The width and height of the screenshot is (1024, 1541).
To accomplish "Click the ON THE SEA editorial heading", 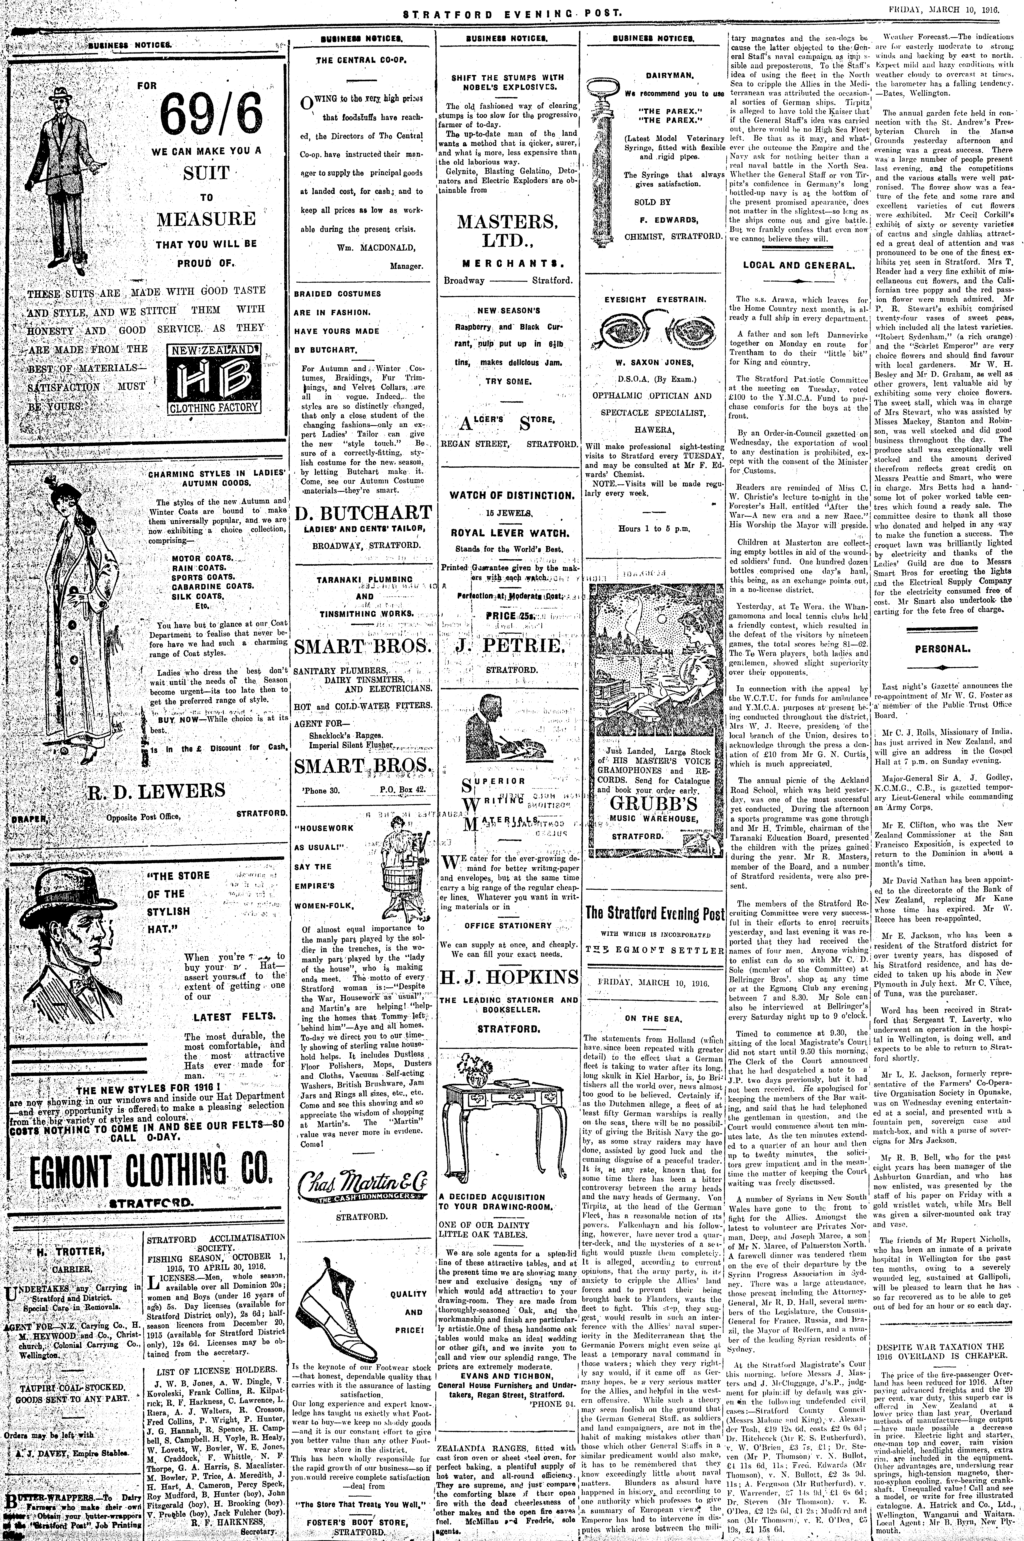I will point(654,1018).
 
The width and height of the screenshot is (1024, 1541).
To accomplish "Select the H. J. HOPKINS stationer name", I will point(509,977).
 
